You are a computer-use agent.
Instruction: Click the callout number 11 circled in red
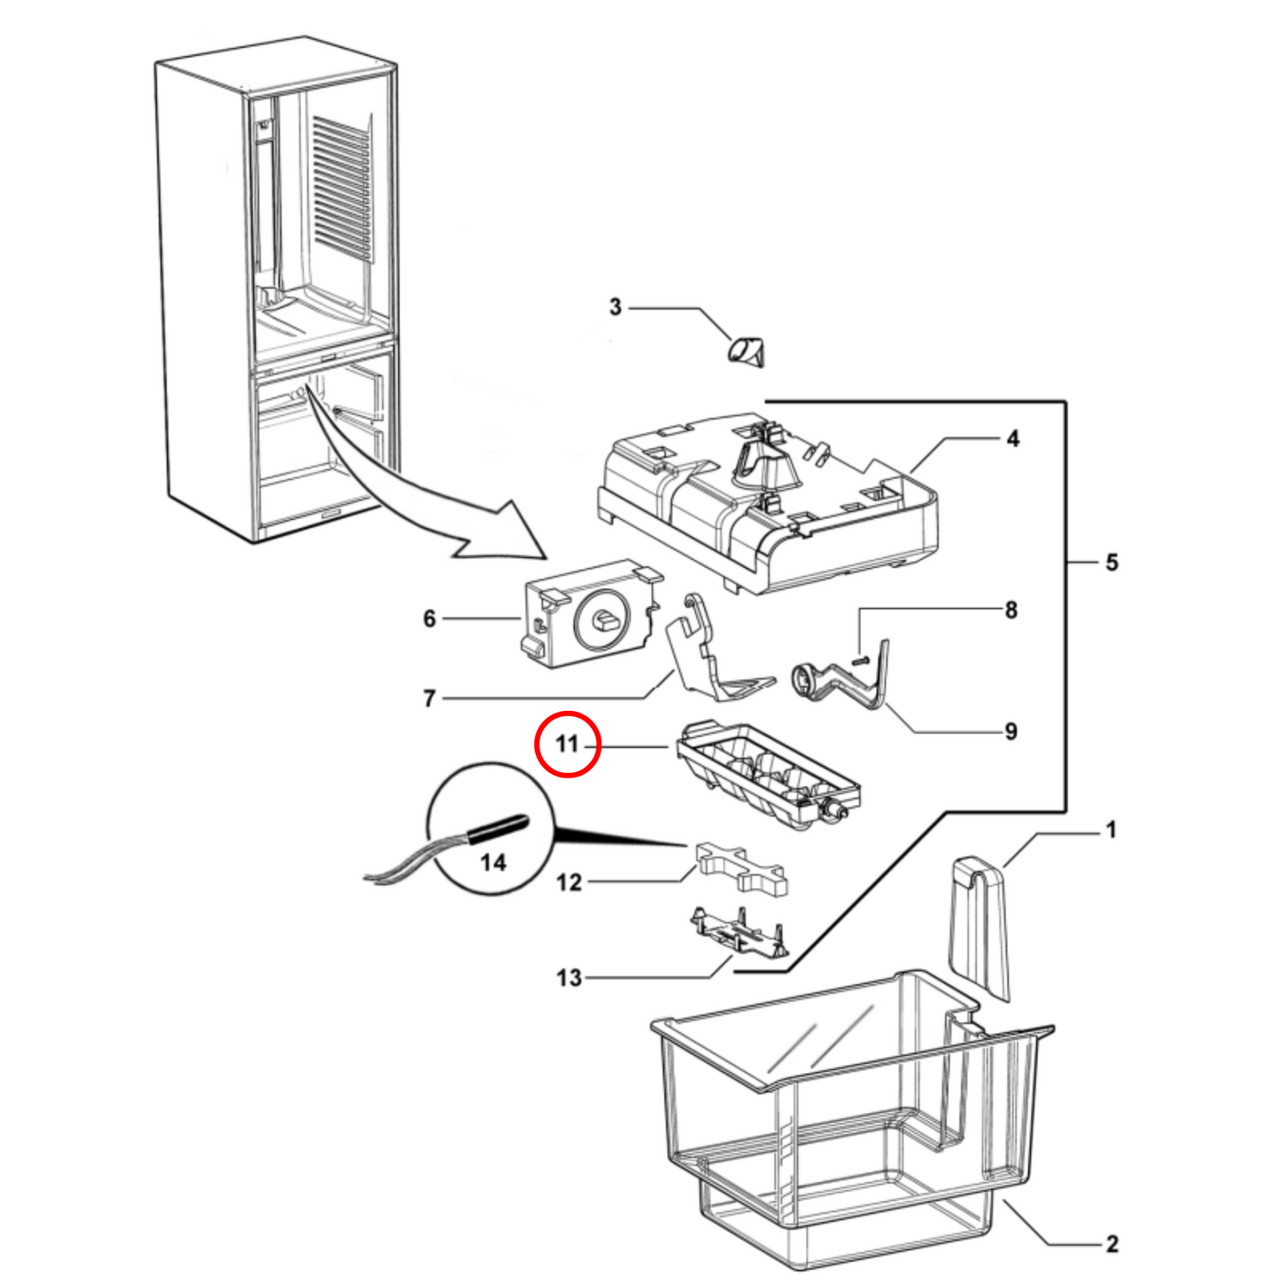point(568,744)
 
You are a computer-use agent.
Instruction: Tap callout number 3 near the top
point(615,307)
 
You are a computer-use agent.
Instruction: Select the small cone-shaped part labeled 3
point(747,351)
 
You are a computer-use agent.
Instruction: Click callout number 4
point(1012,438)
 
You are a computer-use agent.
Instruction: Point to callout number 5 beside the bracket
point(1111,562)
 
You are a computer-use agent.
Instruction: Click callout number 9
point(1010,731)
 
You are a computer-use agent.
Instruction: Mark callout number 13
point(569,977)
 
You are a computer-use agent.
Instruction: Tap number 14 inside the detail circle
point(493,862)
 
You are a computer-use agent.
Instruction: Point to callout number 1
point(1110,830)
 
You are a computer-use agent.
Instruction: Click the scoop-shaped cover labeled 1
point(979,924)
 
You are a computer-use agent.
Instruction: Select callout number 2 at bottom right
point(1111,1244)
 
